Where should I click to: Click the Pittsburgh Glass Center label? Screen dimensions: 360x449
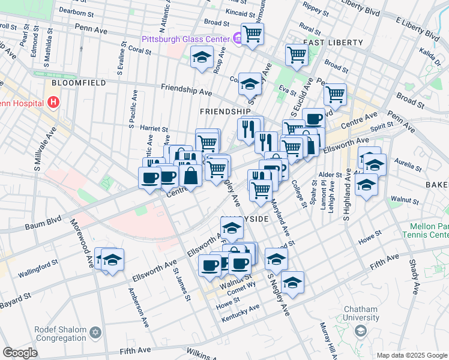[185, 40]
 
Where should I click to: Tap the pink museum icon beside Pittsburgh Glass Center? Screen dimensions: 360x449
[237, 40]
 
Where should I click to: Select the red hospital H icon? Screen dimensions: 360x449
[54, 103]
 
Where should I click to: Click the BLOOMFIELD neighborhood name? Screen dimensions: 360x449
[79, 83]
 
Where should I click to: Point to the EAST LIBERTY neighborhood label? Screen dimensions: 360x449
[333, 43]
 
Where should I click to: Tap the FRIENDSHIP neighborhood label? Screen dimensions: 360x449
[225, 112]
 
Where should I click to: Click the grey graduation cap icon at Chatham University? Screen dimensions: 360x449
[360, 331]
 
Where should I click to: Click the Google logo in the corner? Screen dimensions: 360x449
[20, 353]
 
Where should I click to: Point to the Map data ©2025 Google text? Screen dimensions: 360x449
[411, 355]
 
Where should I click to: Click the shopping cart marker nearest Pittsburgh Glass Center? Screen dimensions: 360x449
[253, 34]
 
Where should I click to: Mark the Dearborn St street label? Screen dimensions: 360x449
[76, 11]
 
